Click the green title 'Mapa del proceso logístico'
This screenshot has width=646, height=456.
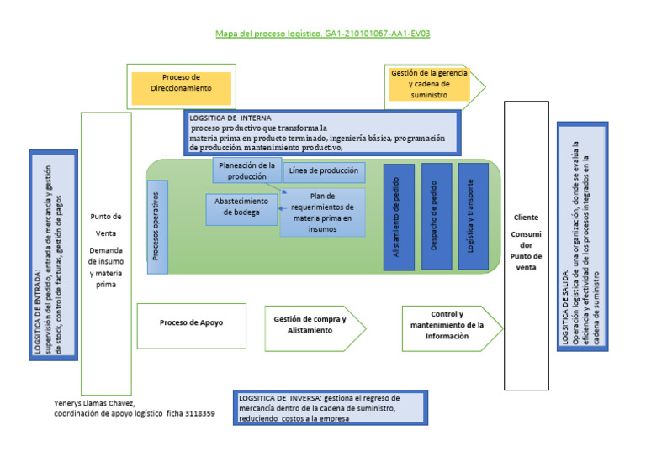coord(323,34)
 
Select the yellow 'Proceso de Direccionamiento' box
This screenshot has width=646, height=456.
coord(182,87)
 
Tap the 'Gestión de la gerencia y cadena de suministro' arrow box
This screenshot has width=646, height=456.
coord(430,84)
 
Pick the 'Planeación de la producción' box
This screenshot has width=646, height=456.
coord(246,170)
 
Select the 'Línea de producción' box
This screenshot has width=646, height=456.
coord(324,171)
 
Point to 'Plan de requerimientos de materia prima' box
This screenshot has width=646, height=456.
coord(323,212)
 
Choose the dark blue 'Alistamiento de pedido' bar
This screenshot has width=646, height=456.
coord(398,216)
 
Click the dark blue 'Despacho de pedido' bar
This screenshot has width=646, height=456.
coord(436,216)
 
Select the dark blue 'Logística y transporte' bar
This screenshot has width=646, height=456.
coord(473,216)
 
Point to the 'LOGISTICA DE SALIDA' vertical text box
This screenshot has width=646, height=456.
coord(582,236)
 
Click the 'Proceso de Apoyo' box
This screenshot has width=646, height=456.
coord(192,322)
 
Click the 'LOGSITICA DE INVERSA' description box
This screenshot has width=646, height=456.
coord(329,408)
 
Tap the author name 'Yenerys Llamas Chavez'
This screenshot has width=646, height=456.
coord(94,402)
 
